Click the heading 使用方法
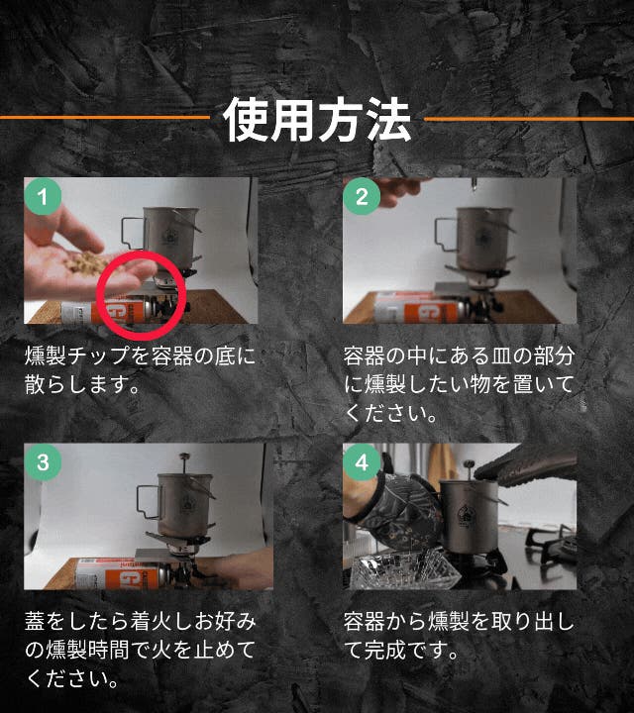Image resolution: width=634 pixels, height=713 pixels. pyautogui.click(x=317, y=120)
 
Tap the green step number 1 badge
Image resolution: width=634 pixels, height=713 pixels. pyautogui.click(x=43, y=196)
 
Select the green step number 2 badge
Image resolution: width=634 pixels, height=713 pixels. pyautogui.click(x=362, y=196)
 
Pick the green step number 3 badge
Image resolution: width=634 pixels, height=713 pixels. pyautogui.click(x=43, y=462)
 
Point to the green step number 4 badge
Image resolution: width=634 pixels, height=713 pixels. pyautogui.click(x=362, y=462)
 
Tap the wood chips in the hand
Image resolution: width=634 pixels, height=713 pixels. pyautogui.click(x=85, y=263)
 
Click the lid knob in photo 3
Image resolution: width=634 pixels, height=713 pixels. pyautogui.click(x=183, y=457)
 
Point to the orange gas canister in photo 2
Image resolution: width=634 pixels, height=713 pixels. pyautogui.click(x=421, y=309)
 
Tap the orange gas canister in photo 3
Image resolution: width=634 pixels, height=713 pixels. pyautogui.click(x=123, y=574)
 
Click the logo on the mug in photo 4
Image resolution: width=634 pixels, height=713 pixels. pyautogui.click(x=465, y=514)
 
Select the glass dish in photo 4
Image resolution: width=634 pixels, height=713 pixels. pyautogui.click(x=400, y=569)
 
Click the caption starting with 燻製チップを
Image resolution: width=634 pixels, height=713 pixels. pyautogui.click(x=140, y=370)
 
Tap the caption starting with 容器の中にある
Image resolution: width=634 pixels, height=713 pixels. pyautogui.click(x=459, y=384)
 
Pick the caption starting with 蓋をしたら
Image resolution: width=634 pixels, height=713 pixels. pyautogui.click(x=140, y=651)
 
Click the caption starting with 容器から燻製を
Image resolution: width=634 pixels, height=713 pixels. pyautogui.click(x=459, y=636)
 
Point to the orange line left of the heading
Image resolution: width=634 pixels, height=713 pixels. pyautogui.click(x=105, y=117)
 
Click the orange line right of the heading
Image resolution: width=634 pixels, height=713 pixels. pyautogui.click(x=529, y=119)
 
